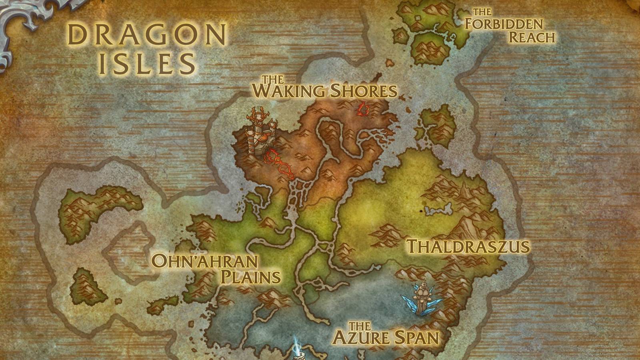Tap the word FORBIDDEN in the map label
(503, 24)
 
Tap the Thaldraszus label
(468, 246)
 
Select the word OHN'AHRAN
(205, 261)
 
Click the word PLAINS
(251, 277)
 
